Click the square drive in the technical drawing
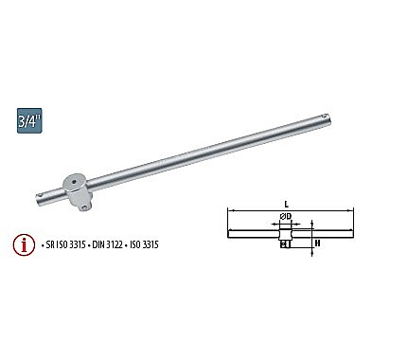[x=285, y=243]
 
